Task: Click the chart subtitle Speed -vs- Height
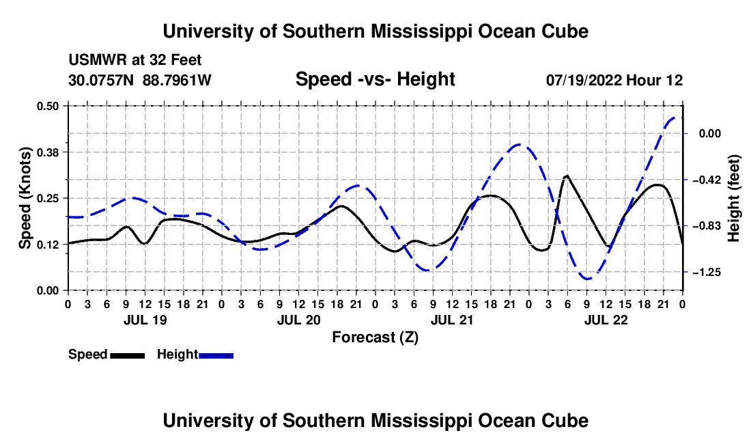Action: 375,79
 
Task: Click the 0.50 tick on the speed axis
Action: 47,106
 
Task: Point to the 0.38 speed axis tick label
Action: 47,152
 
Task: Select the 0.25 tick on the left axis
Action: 47,198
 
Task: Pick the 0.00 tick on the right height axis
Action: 710,133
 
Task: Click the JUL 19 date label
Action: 145,320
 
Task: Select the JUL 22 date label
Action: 606,320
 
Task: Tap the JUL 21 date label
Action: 452,320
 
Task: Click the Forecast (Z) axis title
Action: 375,337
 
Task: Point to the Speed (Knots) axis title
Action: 25,198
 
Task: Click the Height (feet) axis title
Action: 733,198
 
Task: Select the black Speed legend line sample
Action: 128,355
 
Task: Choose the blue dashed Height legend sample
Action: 216,355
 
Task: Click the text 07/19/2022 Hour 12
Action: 614,80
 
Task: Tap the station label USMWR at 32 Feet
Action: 135,60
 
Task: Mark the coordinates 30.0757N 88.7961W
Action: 140,80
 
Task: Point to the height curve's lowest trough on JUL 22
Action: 587,279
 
